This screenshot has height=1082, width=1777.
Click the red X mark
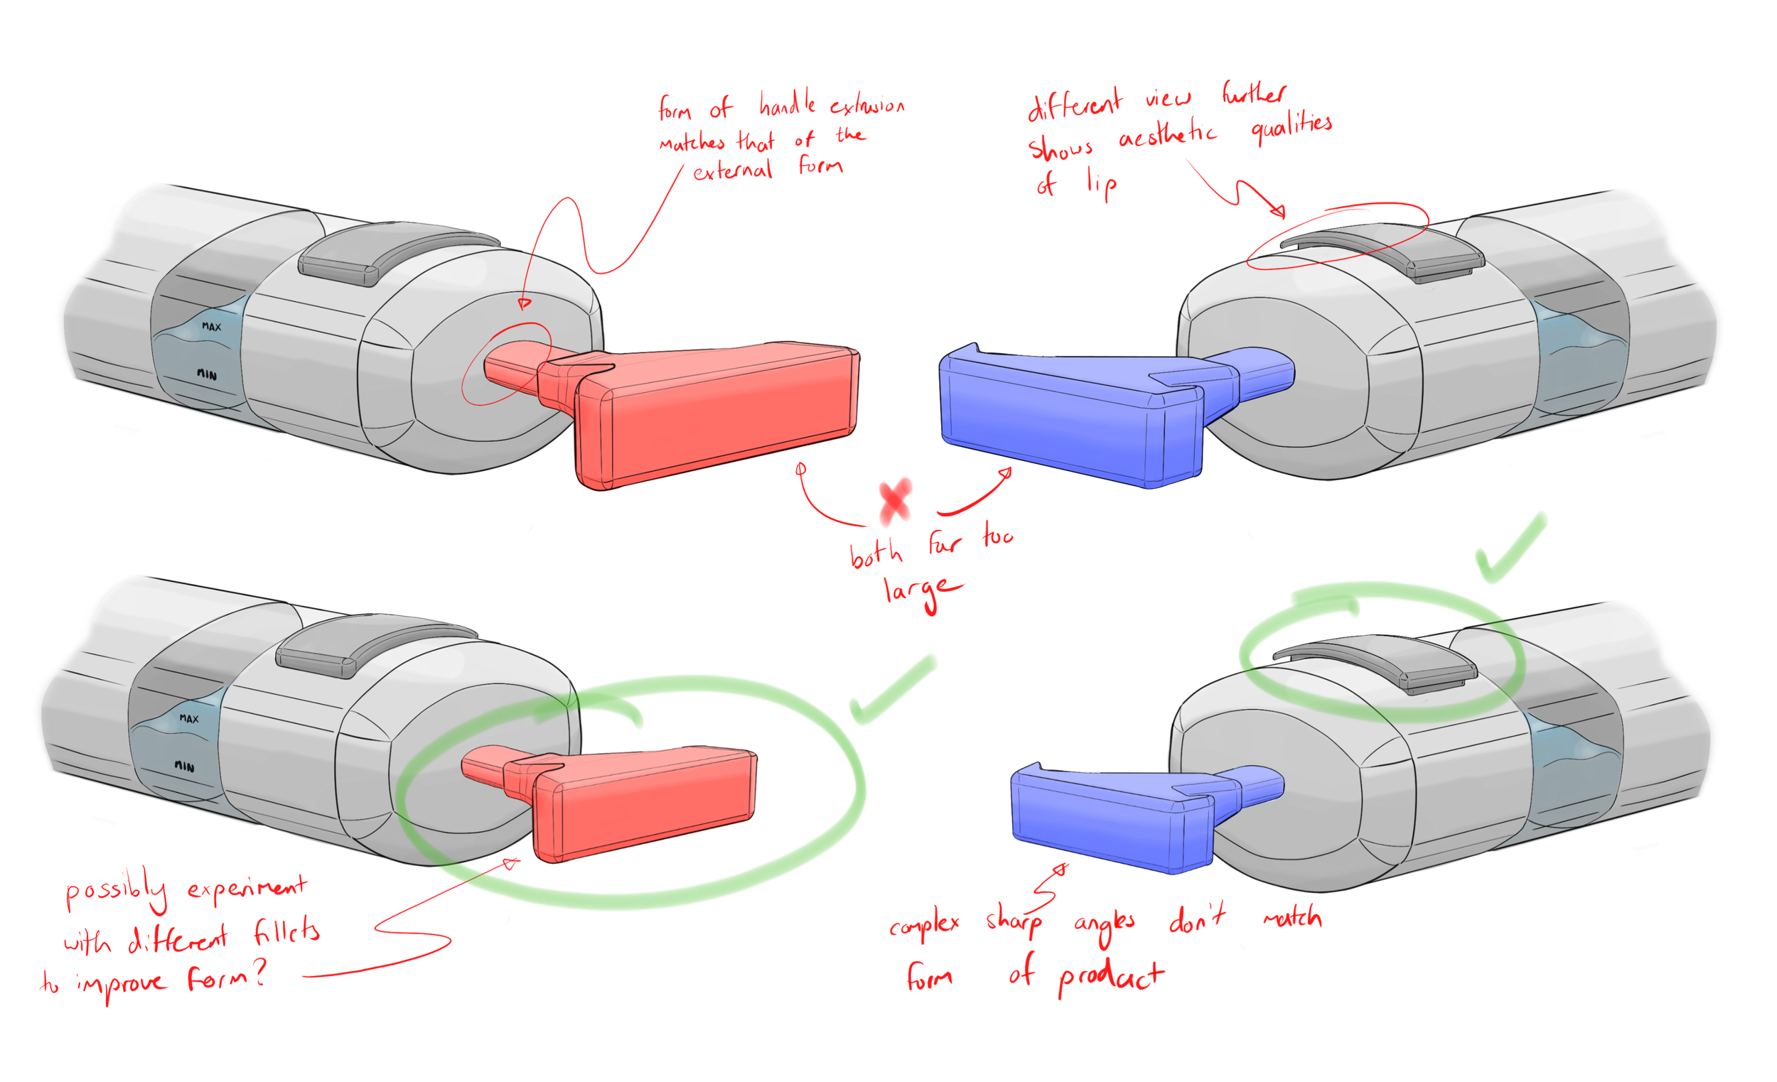pos(895,501)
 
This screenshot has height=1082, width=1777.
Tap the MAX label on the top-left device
pos(211,327)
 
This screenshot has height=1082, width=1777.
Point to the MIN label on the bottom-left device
pos(185,767)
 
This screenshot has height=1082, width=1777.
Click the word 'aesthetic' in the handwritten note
pos(1167,134)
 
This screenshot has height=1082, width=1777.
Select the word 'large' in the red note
pos(921,591)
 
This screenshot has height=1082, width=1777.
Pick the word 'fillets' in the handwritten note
pos(286,932)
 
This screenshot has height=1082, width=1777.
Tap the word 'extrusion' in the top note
pos(867,107)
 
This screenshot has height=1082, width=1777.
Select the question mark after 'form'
pos(259,973)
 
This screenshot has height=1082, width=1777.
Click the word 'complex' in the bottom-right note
pos(924,925)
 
